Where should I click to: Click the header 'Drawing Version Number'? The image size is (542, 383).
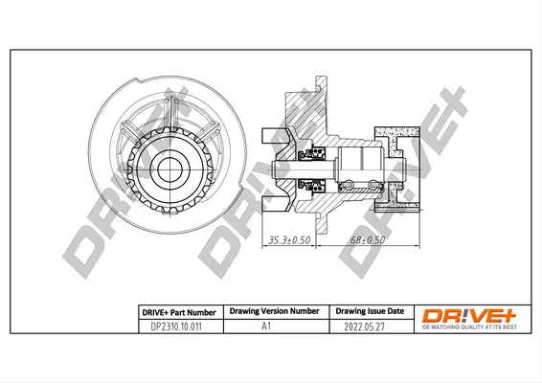tap(271, 311)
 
